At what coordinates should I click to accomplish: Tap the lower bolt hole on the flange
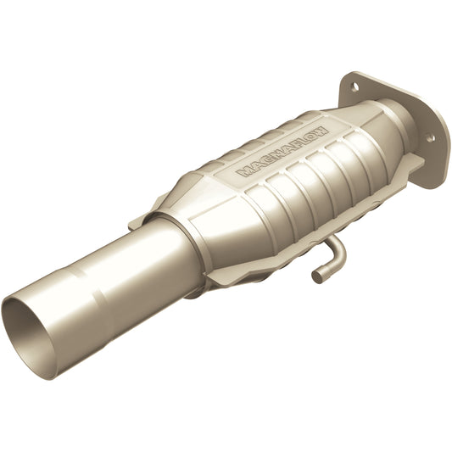(x=430, y=137)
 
